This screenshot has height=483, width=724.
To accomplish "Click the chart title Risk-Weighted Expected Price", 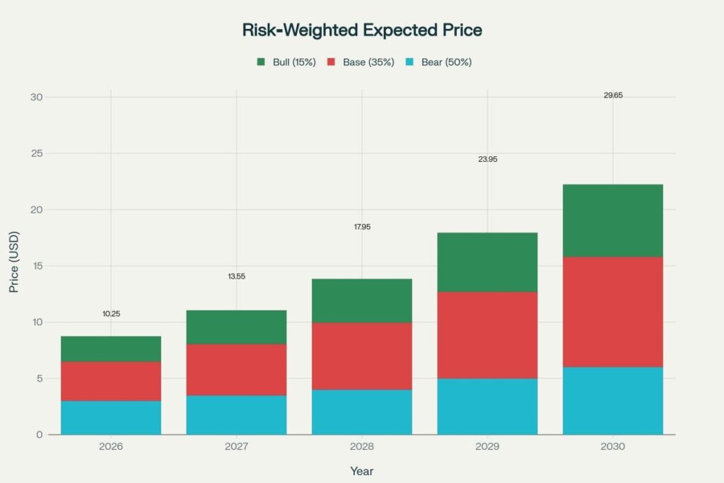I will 361,30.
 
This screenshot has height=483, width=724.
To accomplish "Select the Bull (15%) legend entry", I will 286,62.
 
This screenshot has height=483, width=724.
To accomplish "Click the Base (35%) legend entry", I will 356,62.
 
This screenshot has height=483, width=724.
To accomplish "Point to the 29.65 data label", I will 613,95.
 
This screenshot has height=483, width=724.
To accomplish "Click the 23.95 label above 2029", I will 487,159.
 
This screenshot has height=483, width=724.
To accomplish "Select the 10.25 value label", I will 111,313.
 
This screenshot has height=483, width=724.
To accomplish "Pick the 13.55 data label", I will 236,276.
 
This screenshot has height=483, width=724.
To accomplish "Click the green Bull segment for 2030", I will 612,220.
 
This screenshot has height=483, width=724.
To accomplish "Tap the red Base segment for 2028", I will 362,356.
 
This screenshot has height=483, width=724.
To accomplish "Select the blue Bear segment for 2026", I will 111,417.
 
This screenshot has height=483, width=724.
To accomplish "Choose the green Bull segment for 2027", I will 236,327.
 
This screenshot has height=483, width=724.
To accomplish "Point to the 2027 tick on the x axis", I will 236,447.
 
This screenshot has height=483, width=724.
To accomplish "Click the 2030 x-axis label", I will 612,447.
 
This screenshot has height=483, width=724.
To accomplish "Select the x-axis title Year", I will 361,470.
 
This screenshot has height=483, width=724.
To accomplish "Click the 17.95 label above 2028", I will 362,227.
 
